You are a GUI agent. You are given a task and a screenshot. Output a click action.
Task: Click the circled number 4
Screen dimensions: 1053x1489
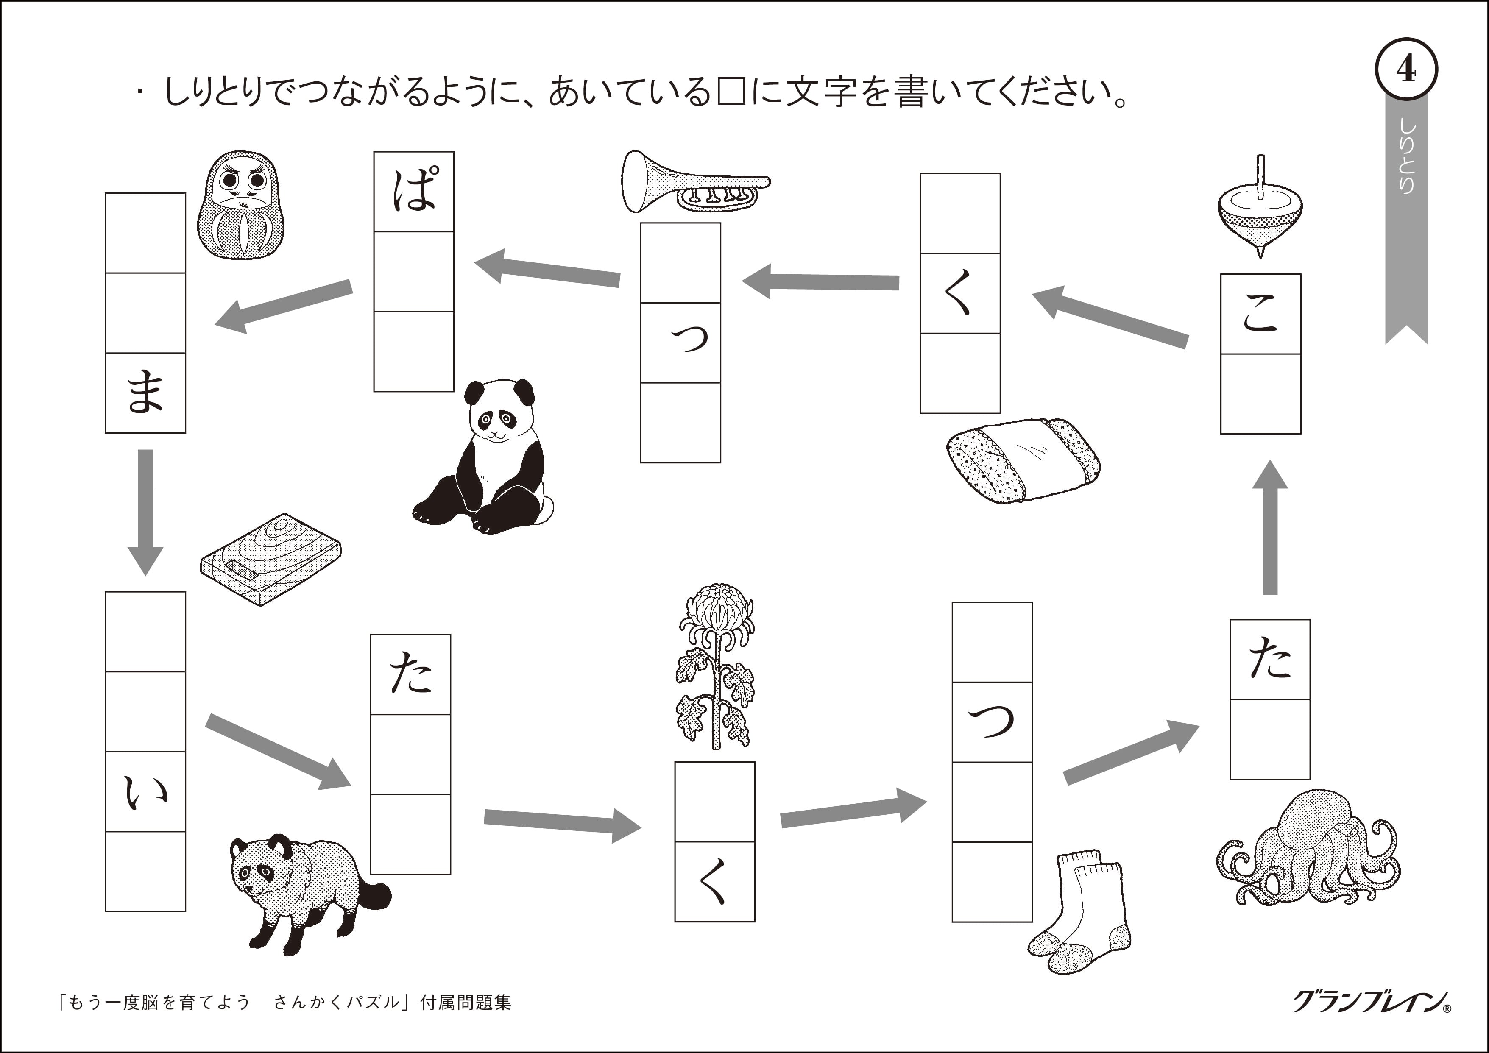click(x=1406, y=70)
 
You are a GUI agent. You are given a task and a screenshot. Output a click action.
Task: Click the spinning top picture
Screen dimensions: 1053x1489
click(x=1260, y=214)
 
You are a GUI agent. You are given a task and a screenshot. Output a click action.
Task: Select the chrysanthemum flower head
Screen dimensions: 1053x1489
click(x=716, y=611)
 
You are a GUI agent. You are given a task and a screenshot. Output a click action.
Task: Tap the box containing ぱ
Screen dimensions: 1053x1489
click(x=414, y=192)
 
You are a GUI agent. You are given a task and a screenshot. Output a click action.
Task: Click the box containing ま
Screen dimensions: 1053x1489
click(x=145, y=393)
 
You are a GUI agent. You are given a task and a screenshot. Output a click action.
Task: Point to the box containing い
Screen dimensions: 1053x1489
click(x=145, y=792)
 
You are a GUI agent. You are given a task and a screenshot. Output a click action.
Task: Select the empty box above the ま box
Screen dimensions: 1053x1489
click(x=145, y=313)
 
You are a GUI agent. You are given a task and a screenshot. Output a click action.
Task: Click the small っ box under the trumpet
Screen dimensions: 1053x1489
click(x=680, y=343)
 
